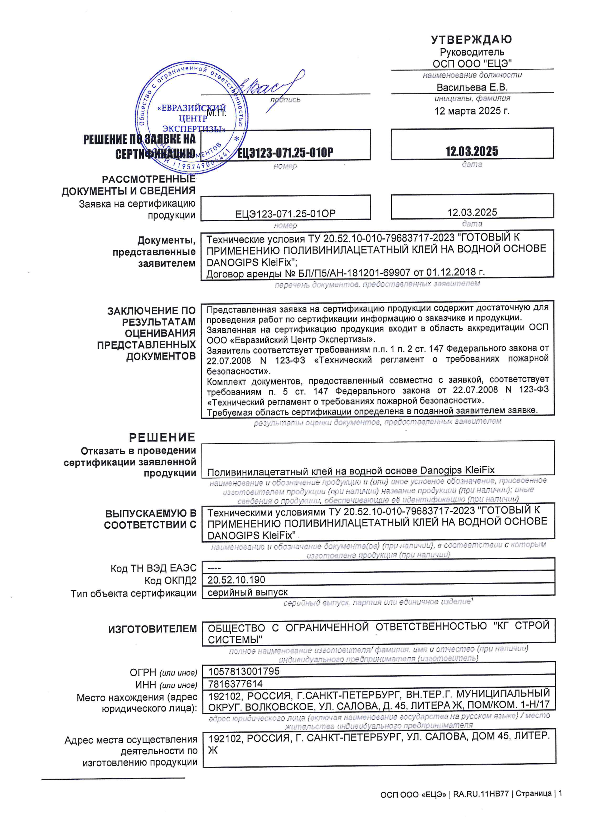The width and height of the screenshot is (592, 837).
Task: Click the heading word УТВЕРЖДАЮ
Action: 471,39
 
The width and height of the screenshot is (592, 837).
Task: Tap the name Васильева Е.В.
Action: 472,87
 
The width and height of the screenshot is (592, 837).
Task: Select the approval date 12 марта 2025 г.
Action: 472,111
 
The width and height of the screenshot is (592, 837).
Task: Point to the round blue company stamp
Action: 191,117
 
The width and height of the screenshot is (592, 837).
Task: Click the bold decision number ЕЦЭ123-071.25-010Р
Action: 285,153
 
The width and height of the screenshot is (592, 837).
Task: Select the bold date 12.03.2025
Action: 472,151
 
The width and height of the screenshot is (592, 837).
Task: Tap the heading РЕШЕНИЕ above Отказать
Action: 162,437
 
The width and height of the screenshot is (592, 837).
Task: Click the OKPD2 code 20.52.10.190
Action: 236,580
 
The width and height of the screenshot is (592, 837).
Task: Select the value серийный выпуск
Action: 248,592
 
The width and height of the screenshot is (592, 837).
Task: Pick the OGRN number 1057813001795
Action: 244,671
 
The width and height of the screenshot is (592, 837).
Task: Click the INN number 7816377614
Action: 235,683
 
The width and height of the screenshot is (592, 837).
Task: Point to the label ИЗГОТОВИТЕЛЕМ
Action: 152,629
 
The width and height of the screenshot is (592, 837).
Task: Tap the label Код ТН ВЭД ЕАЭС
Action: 153,568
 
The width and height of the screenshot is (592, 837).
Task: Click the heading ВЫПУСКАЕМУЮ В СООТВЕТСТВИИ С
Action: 150,519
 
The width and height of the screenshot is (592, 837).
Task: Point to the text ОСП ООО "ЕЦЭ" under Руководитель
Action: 472,64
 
